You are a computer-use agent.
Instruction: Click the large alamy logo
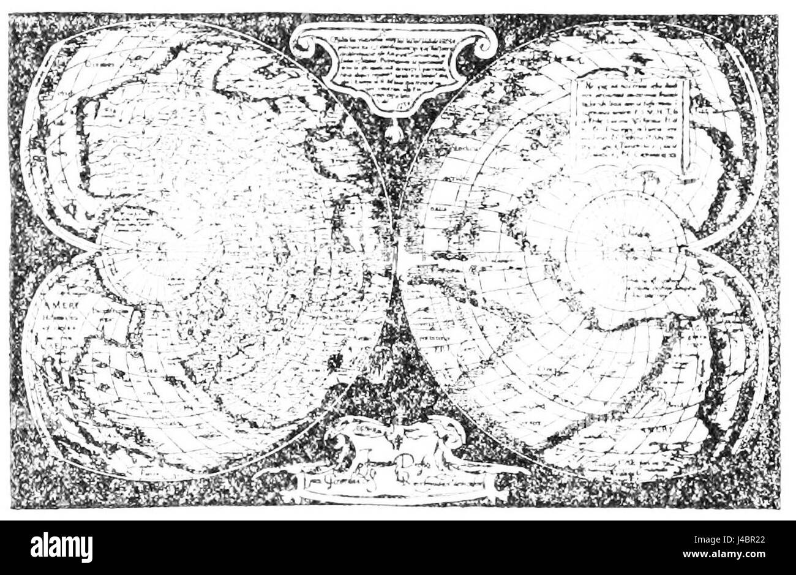(x=62, y=546)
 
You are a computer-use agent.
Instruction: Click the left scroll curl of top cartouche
(x=304, y=42)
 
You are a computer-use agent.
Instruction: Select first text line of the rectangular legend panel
(x=631, y=87)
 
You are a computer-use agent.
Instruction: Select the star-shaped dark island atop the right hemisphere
(x=640, y=58)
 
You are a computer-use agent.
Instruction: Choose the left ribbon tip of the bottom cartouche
(x=269, y=475)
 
